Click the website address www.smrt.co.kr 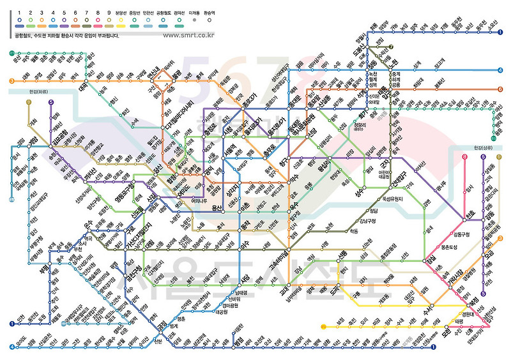coord(199,35)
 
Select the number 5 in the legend coord(65,12)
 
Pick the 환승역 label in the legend coord(209,12)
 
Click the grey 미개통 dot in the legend coord(194,19)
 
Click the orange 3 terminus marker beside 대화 coord(11,80)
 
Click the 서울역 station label coord(230,156)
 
